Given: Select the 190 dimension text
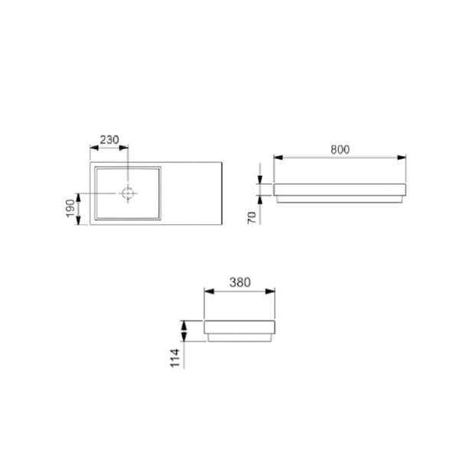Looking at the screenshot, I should [x=70, y=207].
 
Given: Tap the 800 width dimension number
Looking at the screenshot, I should [x=340, y=150].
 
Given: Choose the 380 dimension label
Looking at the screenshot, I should [x=240, y=282].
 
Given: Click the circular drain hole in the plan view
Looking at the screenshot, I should [x=129, y=194].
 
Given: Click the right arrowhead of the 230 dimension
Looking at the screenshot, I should [x=125, y=147].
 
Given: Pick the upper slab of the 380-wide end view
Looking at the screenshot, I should [x=239, y=327].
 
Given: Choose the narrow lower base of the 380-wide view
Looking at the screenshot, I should [x=239, y=339].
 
